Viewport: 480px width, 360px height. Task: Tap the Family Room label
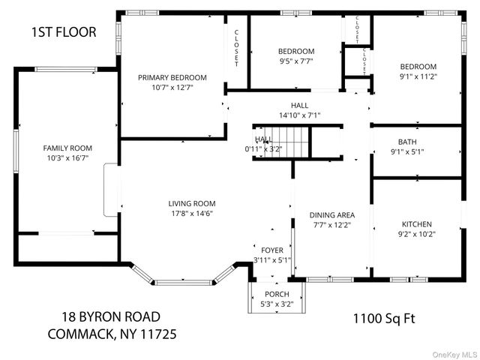pos(67,148)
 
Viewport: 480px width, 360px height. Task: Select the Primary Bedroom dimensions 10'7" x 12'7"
pos(172,87)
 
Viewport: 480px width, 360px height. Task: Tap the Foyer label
pos(271,250)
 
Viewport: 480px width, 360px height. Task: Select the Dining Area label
pos(332,214)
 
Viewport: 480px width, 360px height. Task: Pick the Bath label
pos(407,141)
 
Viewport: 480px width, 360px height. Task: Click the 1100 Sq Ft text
pos(384,318)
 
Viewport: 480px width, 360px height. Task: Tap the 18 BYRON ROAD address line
pos(112,317)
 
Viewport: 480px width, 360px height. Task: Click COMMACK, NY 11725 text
pos(112,333)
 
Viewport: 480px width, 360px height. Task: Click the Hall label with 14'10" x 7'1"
pos(299,106)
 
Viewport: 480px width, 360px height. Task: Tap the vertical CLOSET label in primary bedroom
pos(236,48)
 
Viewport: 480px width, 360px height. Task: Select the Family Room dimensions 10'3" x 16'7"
pos(67,157)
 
